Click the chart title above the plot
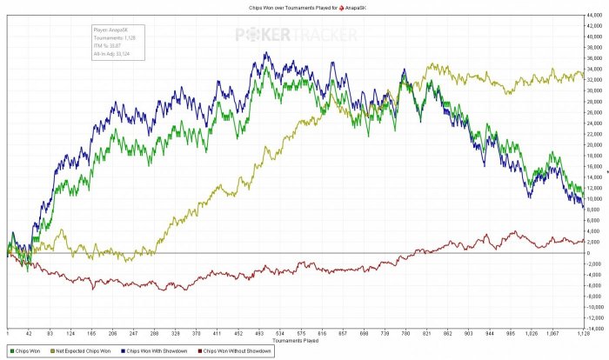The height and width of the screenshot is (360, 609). click(304, 6)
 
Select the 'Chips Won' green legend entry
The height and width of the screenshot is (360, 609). click(26, 351)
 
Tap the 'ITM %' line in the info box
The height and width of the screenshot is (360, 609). click(107, 46)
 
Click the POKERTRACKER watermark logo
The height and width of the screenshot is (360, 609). click(295, 36)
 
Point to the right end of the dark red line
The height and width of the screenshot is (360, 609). click(583, 241)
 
